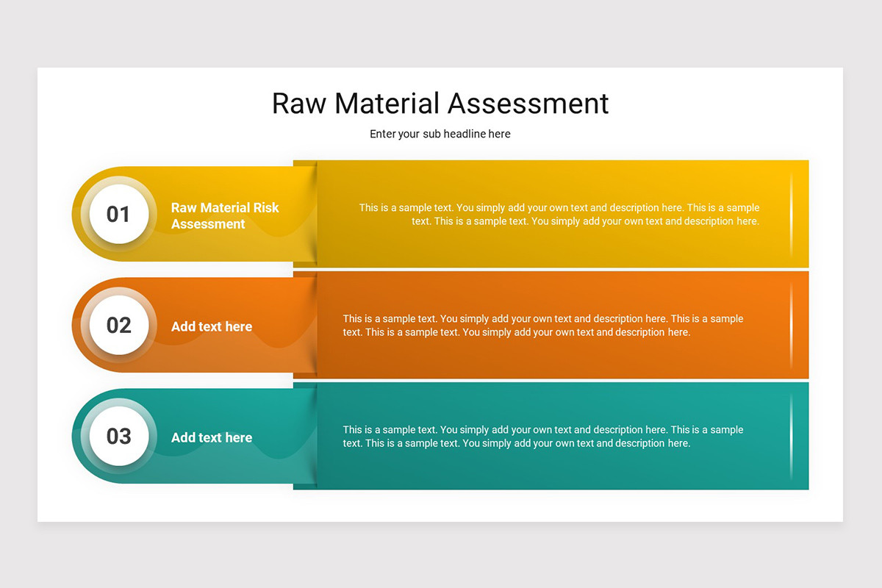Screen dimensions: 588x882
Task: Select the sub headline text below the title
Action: click(x=440, y=134)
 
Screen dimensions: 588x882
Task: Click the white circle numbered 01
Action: click(x=118, y=214)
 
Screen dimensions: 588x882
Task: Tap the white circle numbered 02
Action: click(x=118, y=325)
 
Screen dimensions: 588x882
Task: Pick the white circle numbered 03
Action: click(x=118, y=436)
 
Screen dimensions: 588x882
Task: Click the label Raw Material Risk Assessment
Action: click(x=225, y=215)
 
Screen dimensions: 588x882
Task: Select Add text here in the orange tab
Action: click(x=212, y=326)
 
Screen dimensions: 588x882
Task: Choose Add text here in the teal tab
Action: click(x=212, y=437)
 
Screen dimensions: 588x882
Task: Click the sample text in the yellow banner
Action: click(x=559, y=214)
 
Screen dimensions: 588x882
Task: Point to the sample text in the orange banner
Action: click(x=542, y=325)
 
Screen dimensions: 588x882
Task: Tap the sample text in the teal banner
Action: click(x=542, y=436)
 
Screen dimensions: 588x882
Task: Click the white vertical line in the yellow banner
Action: click(x=792, y=214)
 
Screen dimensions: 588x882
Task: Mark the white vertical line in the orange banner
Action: click(x=792, y=325)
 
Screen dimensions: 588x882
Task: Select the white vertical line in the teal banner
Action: click(x=792, y=436)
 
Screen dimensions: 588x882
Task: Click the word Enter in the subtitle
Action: click(x=383, y=134)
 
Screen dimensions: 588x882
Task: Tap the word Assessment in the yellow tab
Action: click(x=208, y=224)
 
